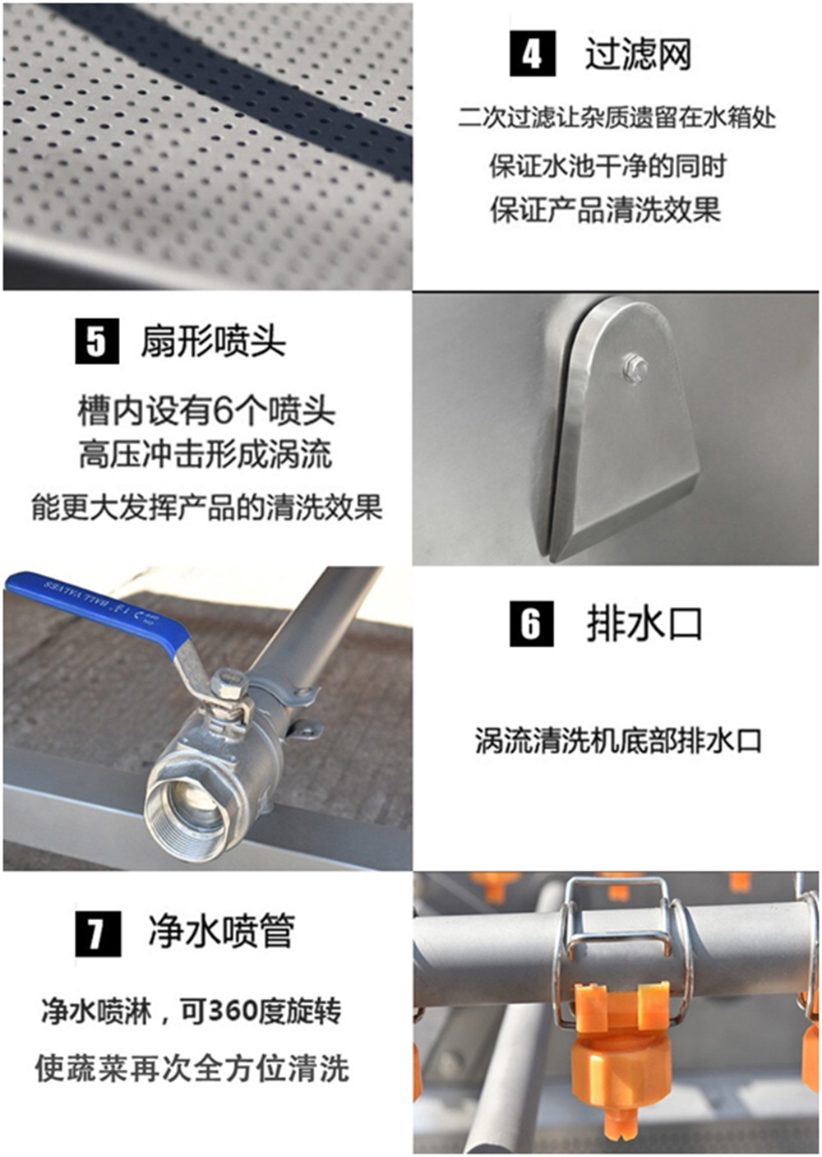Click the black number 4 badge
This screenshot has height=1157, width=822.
coord(532,53)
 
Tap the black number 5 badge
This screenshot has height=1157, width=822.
coord(96,341)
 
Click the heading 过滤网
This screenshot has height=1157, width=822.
coord(638,54)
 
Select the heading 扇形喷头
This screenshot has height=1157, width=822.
coord(213,341)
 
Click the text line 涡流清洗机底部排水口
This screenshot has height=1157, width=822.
coord(618,741)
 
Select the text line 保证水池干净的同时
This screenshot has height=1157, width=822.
coord(607,166)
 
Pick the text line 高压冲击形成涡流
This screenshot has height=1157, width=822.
coord(205,455)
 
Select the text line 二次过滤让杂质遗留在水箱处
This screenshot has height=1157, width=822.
coord(616,118)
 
